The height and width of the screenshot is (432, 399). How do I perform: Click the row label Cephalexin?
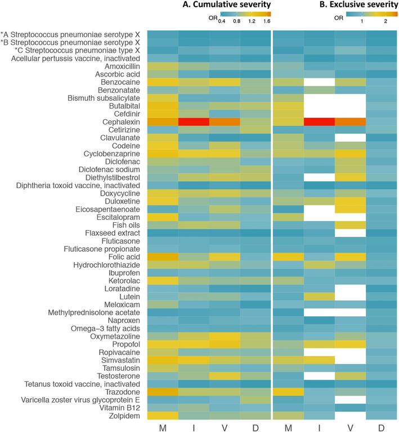(121, 122)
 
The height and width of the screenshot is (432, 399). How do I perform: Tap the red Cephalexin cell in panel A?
(194, 122)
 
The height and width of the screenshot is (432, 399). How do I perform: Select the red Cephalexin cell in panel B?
(319, 122)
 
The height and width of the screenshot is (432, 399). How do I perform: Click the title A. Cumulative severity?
(226, 4)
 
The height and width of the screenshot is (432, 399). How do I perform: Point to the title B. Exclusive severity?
(359, 4)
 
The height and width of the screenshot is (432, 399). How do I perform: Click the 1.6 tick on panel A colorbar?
(267, 21)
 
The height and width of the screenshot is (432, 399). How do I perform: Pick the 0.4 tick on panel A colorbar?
(222, 21)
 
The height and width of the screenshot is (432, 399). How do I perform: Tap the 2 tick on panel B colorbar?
(385, 21)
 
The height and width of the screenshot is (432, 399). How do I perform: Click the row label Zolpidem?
(124, 416)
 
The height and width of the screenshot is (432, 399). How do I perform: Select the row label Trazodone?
(122, 391)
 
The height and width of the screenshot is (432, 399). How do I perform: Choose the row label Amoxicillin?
(122, 66)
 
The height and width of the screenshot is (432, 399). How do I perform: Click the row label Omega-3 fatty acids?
(105, 328)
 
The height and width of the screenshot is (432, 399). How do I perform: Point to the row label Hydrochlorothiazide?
(106, 265)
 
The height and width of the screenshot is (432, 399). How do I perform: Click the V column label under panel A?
(225, 427)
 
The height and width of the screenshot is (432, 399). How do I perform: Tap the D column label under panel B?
(382, 427)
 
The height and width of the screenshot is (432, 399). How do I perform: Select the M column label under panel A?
(163, 427)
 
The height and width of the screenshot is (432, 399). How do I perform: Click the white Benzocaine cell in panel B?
(319, 82)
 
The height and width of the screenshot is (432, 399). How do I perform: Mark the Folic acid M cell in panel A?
(163, 257)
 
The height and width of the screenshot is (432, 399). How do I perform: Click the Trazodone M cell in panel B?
(289, 391)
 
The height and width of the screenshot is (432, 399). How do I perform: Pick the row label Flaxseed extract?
(113, 233)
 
